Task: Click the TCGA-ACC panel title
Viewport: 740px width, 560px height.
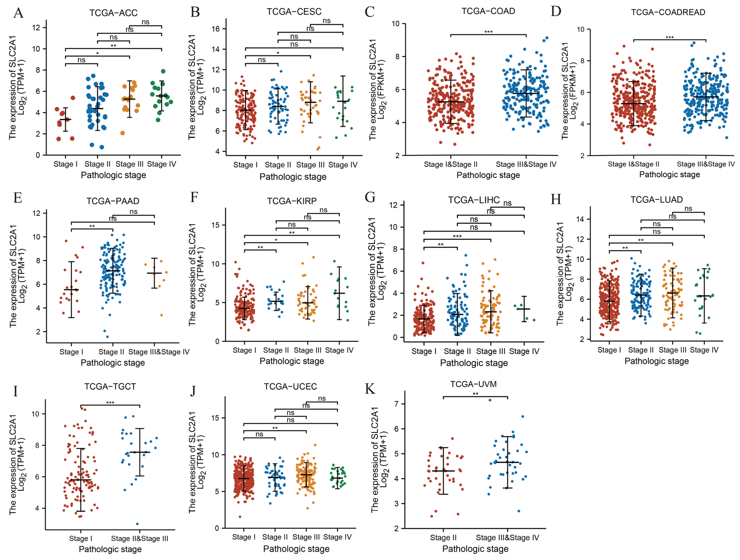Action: [x=113, y=13]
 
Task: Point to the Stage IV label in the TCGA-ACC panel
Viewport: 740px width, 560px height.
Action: [x=162, y=164]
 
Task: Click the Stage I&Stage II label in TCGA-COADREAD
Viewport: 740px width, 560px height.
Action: [x=633, y=164]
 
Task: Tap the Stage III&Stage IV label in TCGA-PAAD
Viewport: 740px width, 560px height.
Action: [x=159, y=352]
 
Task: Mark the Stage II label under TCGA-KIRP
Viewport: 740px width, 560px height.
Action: [x=276, y=350]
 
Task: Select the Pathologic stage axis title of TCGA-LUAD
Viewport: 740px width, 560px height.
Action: [x=657, y=361]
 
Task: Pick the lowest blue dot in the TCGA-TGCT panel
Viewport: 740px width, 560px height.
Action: [x=137, y=524]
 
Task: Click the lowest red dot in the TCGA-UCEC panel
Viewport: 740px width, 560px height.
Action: [x=240, y=517]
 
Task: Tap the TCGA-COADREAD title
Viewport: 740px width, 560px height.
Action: [x=668, y=12]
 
